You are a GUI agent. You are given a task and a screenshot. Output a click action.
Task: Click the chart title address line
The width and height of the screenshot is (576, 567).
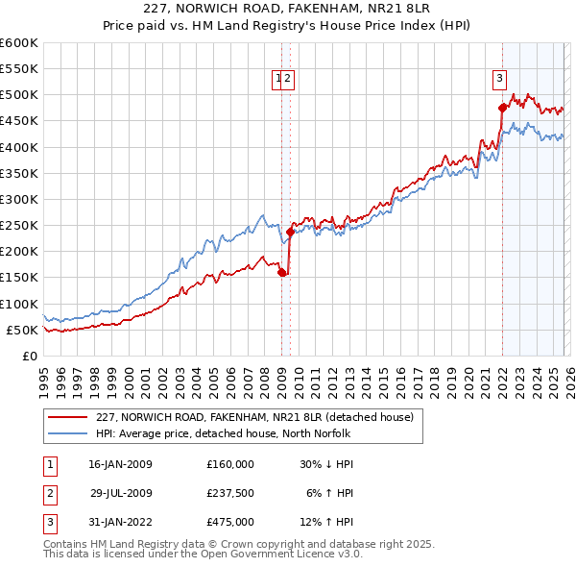pos(288,10)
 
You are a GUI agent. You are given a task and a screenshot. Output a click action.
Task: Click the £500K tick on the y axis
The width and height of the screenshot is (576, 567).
pos(19,95)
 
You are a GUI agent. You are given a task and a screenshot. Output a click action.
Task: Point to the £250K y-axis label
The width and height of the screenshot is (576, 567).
pos(19,225)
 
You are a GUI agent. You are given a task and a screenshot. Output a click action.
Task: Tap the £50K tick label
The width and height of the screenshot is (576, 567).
pos(23,330)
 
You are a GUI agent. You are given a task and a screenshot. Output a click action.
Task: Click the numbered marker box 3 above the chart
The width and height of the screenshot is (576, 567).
pos(500,80)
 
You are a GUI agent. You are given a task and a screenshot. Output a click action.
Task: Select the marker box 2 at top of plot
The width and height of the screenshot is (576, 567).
pos(288,80)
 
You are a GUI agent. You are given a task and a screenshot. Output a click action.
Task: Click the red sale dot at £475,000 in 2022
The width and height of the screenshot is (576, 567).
pos(501,108)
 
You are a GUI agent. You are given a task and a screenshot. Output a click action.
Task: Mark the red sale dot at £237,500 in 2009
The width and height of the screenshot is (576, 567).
pos(290,232)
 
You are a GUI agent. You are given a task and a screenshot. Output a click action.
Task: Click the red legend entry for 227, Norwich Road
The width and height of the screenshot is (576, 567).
pos(254,417)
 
